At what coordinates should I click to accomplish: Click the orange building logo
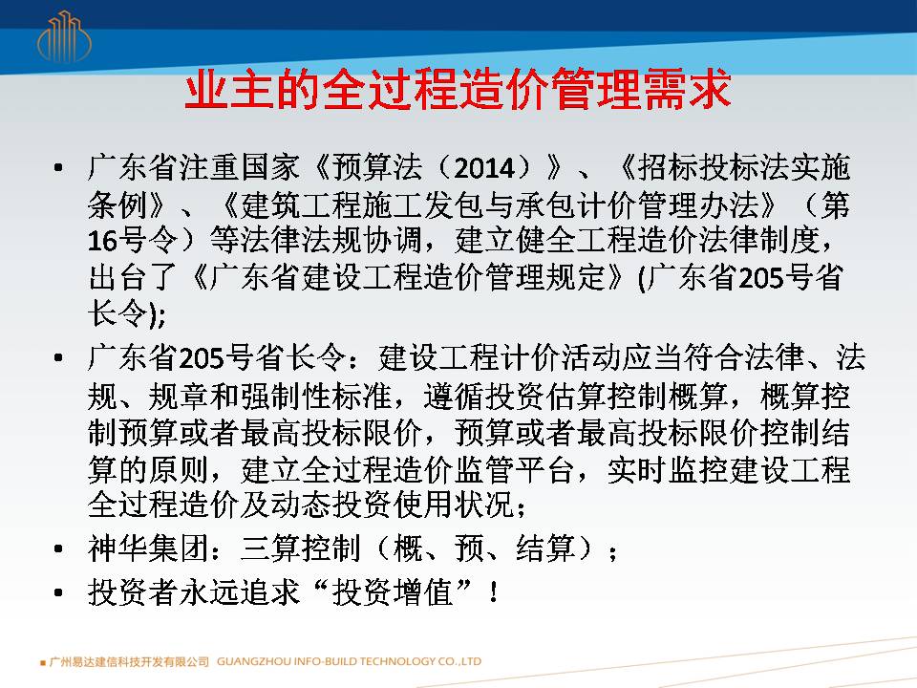pyautogui.click(x=64, y=37)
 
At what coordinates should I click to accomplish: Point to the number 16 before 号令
pyautogui.click(x=102, y=241)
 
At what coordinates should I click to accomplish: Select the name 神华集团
pyautogui.click(x=149, y=548)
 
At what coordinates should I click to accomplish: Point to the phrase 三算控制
pyautogui.click(x=301, y=548)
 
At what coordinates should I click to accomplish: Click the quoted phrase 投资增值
pyautogui.click(x=393, y=592)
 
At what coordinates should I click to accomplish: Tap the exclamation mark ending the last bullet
pyautogui.click(x=494, y=592)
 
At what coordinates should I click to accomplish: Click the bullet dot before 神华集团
pyautogui.click(x=58, y=548)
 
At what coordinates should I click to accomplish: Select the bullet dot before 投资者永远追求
pyautogui.click(x=58, y=592)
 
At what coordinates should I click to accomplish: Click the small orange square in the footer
pyautogui.click(x=43, y=663)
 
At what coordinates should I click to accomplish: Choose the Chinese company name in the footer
pyautogui.click(x=129, y=661)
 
